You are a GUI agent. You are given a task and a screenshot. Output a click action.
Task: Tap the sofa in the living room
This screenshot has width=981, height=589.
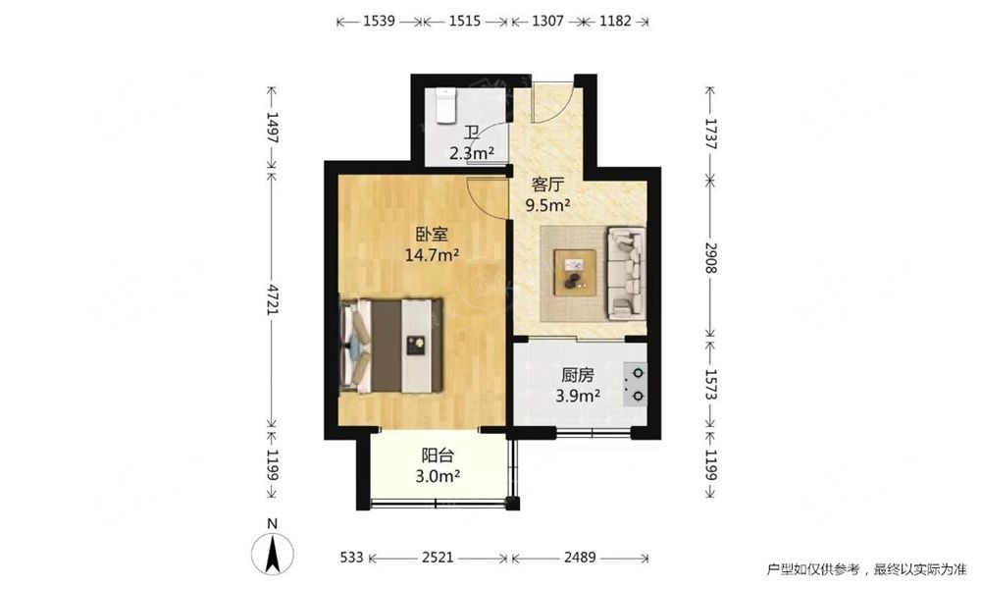[626, 272]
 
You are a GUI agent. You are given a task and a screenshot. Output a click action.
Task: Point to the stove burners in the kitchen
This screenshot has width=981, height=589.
[637, 384]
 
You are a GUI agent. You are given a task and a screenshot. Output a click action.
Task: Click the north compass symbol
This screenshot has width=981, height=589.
[273, 548]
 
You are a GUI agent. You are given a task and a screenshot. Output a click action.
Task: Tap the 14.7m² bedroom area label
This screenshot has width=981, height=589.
[433, 255]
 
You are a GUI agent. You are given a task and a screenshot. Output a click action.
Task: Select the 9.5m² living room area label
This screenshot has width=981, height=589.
[547, 204]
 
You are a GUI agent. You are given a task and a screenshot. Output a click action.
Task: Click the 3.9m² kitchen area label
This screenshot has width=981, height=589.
[578, 396]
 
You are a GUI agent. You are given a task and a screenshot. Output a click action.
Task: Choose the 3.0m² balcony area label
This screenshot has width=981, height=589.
[438, 476]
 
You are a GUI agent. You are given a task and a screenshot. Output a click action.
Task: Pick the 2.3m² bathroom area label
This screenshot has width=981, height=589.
[473, 153]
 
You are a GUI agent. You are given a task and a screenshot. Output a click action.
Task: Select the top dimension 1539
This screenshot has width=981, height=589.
[379, 22]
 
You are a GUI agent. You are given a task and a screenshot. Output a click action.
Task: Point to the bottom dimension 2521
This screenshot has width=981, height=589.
[438, 557]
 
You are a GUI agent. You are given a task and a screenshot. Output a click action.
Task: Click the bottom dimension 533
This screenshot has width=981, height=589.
[351, 557]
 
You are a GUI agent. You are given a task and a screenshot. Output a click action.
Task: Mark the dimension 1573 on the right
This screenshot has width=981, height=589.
[710, 384]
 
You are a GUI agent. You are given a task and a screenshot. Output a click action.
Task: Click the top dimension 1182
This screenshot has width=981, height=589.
[616, 22]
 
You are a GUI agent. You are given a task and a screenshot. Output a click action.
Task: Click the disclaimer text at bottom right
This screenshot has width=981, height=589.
[866, 569]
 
